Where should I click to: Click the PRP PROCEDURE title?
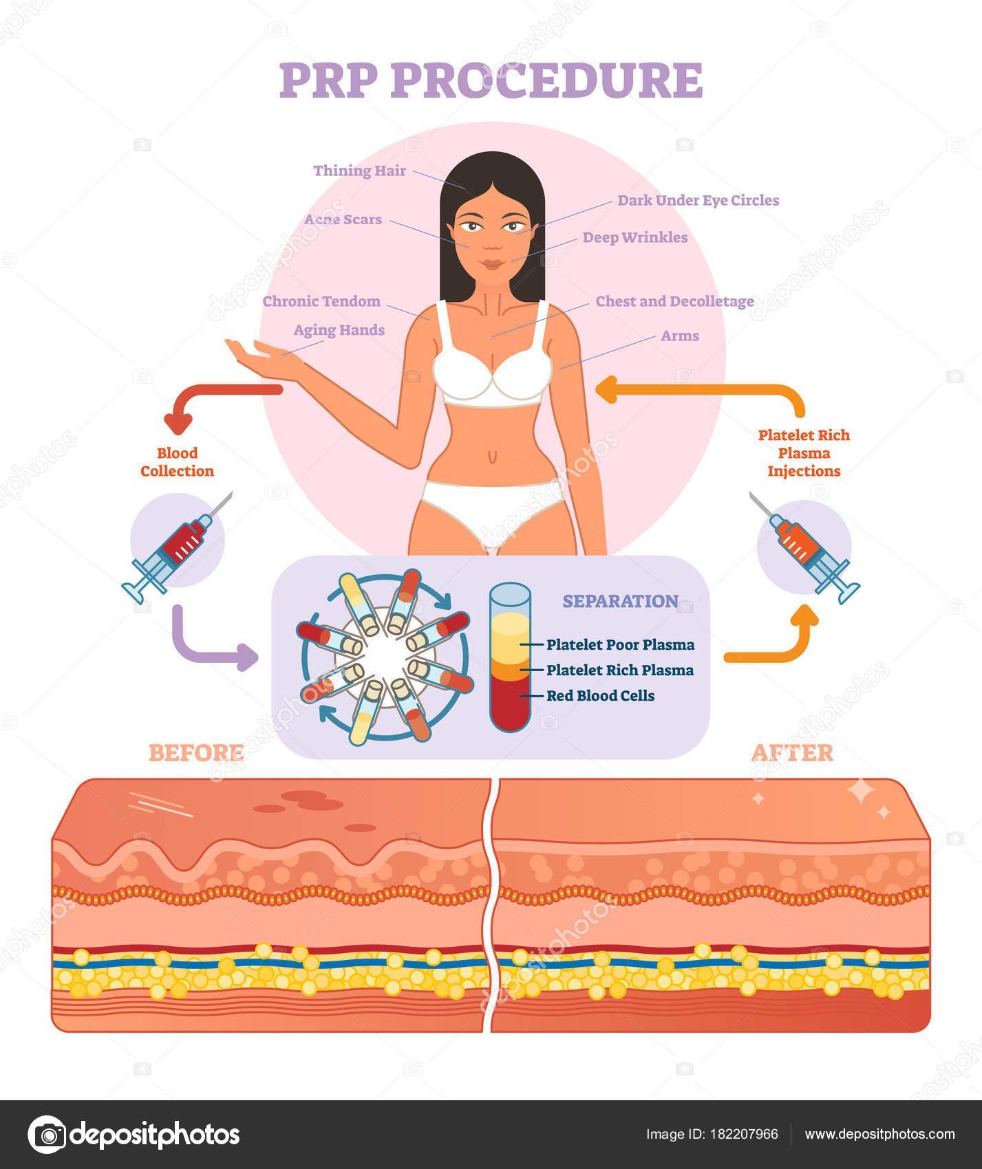pyautogui.click(x=491, y=81)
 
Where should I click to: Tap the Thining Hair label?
pyautogui.click(x=359, y=171)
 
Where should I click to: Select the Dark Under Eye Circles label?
pyautogui.click(x=698, y=200)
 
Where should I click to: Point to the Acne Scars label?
pyautogui.click(x=343, y=220)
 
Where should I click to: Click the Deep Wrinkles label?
pyautogui.click(x=634, y=237)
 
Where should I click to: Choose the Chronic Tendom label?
pyautogui.click(x=321, y=301)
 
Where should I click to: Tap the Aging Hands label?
pyautogui.click(x=339, y=330)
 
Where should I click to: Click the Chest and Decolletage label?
pyautogui.click(x=674, y=301)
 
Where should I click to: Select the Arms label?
pyautogui.click(x=679, y=336)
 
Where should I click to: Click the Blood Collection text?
pyautogui.click(x=177, y=462)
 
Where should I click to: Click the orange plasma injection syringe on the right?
pyautogui.click(x=803, y=547)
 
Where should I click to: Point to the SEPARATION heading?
pyautogui.click(x=620, y=601)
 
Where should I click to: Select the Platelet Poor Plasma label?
pyautogui.click(x=620, y=645)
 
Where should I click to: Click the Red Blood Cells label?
pyautogui.click(x=600, y=695)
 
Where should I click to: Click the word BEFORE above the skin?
pyautogui.click(x=196, y=753)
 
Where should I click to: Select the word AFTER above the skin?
pyautogui.click(x=791, y=753)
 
